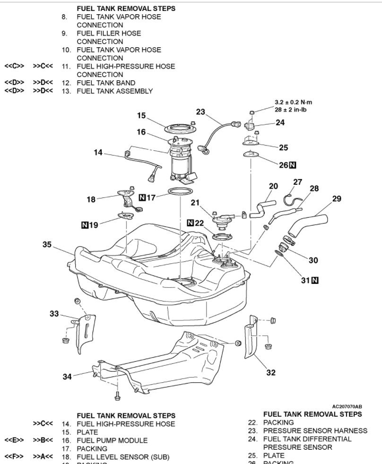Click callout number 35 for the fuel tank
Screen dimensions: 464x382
coord(47,244)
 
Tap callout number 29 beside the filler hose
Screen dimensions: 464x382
coord(336,198)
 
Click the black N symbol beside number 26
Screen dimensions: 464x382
coord(293,165)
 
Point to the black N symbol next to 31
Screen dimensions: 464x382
coord(314,280)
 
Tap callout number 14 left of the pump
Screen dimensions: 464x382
coord(98,152)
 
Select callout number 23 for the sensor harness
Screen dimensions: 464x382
coord(201,112)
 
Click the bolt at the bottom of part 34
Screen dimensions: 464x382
coord(116,392)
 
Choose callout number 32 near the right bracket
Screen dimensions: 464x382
coord(270,372)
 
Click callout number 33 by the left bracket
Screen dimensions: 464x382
coord(54,313)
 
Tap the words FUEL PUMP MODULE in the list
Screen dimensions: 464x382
coord(112,440)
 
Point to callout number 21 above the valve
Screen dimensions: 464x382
coord(196,202)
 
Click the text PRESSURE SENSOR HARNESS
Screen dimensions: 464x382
coord(315,430)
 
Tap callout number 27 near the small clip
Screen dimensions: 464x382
coord(297,182)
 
